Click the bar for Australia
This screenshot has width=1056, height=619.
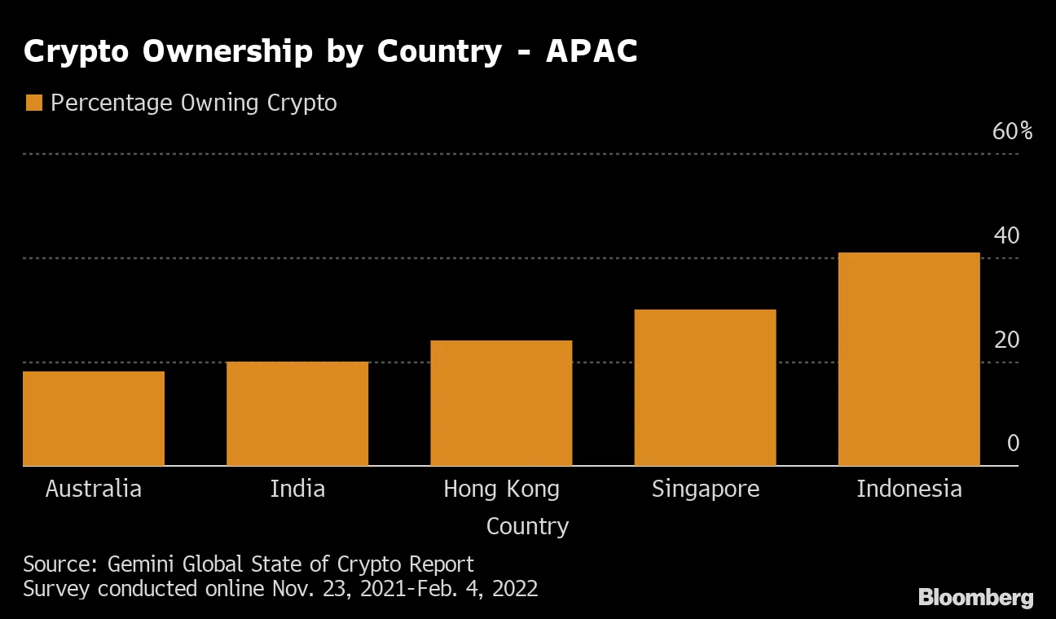94,419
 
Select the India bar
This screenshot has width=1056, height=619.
297,414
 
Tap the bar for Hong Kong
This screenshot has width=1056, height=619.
501,403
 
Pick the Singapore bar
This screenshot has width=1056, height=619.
705,388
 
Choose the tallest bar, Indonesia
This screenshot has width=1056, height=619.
909,359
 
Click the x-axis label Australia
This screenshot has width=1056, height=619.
94,489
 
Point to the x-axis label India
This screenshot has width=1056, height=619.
297,489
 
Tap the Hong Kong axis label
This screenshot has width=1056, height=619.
501,489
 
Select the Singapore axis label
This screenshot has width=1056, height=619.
705,489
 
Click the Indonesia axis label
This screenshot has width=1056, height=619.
909,489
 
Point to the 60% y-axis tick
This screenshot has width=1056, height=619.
1012,131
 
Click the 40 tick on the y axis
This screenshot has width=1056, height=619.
1006,235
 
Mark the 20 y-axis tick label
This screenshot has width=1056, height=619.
1006,340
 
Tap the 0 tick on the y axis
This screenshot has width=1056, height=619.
1013,444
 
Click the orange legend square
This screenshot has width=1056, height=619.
33,103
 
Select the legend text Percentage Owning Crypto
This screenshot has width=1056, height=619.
193,103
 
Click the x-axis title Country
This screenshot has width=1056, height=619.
527,526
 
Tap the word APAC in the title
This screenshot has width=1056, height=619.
592,51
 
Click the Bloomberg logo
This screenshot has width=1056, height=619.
975,597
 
